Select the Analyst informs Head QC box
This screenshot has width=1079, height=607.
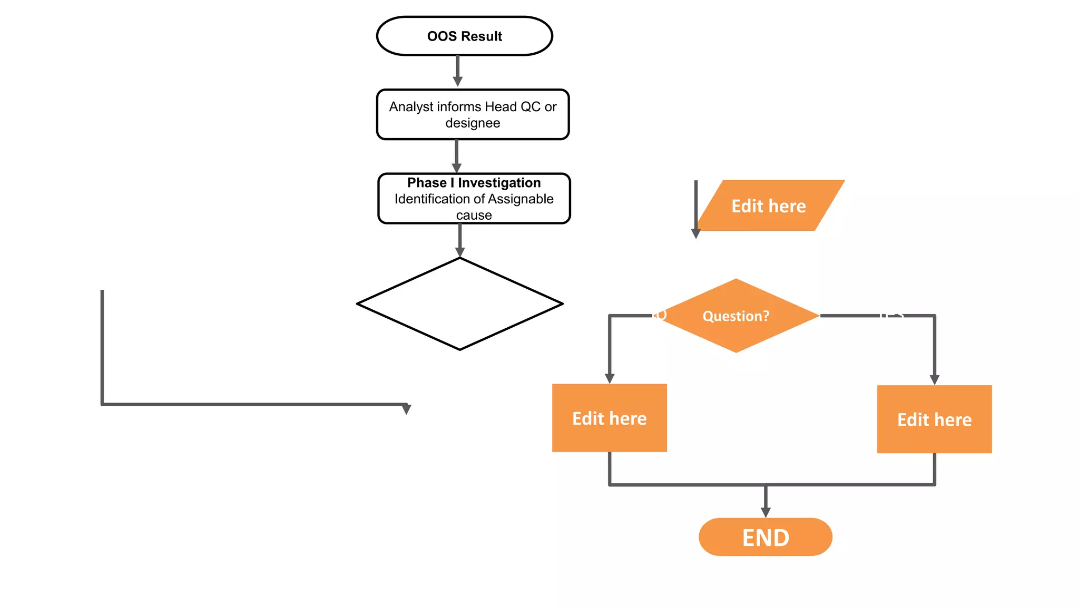tap(473, 114)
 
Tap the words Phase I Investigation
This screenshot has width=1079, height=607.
tap(474, 183)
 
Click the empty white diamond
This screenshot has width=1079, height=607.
tap(460, 304)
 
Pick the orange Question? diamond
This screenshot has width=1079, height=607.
tap(736, 316)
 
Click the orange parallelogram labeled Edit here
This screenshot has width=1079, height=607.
tap(769, 206)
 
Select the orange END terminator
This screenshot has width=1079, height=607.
tap(766, 537)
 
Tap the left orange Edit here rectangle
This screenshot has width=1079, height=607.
tap(610, 418)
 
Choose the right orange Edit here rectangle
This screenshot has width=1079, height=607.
tap(934, 419)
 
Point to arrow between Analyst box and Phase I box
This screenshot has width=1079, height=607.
tap(457, 155)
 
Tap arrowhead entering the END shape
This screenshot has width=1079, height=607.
tap(766, 512)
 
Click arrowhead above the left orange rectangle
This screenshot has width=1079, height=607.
tap(610, 378)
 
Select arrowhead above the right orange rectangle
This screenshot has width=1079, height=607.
tap(935, 379)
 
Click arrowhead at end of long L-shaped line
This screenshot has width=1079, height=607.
tap(406, 409)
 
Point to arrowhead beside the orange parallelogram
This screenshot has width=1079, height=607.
tap(696, 233)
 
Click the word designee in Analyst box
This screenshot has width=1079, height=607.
tap(473, 123)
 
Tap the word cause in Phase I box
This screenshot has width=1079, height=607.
tap(474, 216)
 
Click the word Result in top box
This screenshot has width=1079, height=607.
tap(481, 36)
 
